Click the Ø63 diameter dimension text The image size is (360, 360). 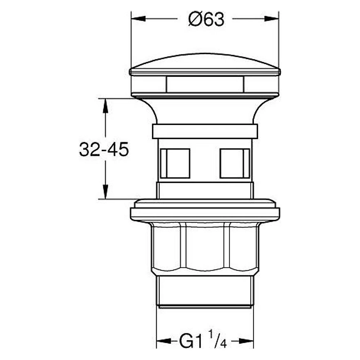click(x=206, y=19)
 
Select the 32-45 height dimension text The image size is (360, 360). click(x=104, y=149)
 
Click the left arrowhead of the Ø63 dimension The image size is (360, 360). click(x=138, y=19)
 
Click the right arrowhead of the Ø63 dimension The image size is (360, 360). click(x=271, y=19)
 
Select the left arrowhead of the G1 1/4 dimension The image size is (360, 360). click(x=164, y=341)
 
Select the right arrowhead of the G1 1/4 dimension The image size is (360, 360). click(x=246, y=341)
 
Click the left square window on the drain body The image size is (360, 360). click(x=175, y=163)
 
